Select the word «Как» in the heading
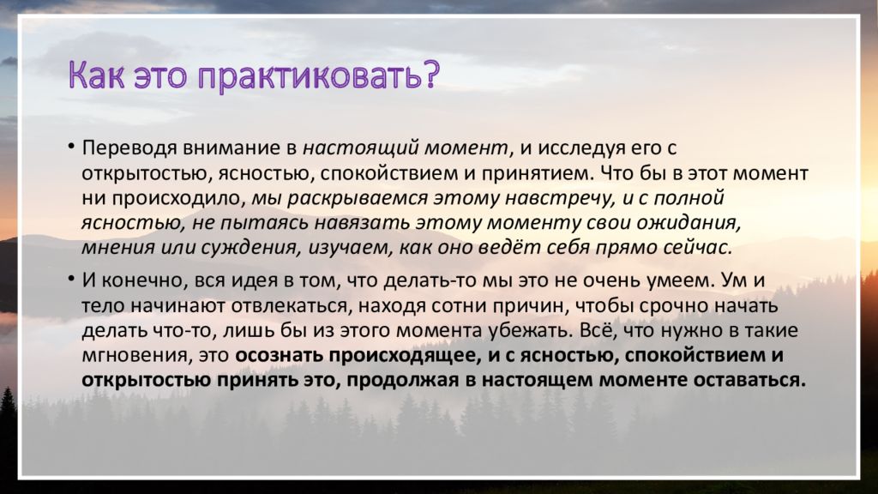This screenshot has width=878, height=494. point(96,74)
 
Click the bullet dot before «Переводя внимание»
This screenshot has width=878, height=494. point(71,147)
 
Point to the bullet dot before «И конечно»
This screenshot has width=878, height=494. point(71,279)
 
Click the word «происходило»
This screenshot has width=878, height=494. point(177,198)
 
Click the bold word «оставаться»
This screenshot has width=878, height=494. point(749,380)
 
